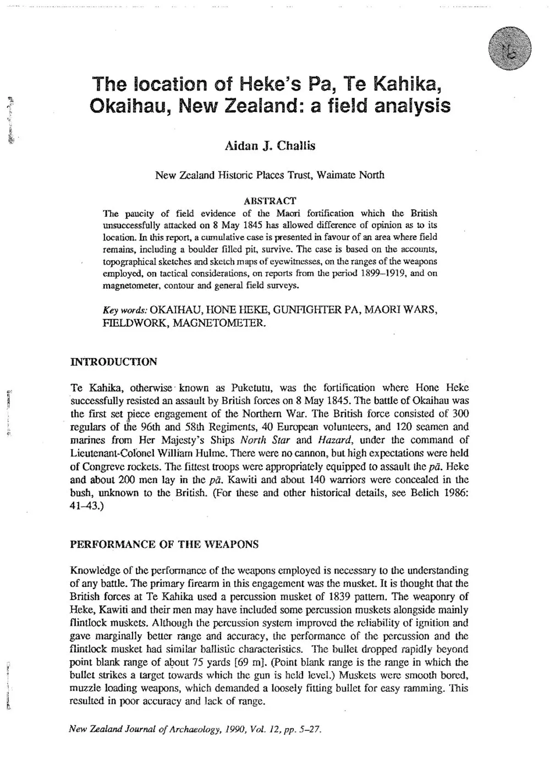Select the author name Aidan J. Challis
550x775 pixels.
pyautogui.click(x=269, y=147)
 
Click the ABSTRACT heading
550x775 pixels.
pyautogui.click(x=269, y=201)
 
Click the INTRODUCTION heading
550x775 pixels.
pyautogui.click(x=114, y=361)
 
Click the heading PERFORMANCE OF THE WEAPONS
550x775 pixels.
pyautogui.click(x=164, y=545)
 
